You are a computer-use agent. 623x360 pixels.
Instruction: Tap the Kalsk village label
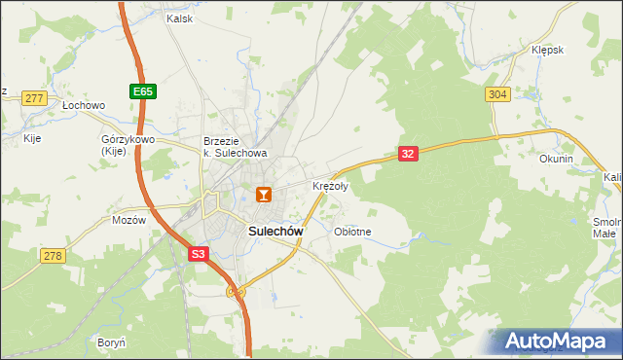tap(180, 18)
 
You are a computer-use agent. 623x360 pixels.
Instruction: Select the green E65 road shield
tap(142, 91)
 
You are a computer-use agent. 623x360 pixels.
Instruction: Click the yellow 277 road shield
tap(34, 98)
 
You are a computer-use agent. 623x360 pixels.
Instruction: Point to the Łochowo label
tap(83, 104)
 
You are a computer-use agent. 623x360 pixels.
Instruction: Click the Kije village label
tap(32, 139)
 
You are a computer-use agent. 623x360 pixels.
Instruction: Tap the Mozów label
tap(128, 220)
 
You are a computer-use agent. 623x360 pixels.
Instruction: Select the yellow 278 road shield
tap(53, 255)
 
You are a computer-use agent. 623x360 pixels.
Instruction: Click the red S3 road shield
tap(199, 254)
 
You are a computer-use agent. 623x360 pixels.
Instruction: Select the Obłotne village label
tap(352, 232)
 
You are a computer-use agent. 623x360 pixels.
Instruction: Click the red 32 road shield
tap(408, 153)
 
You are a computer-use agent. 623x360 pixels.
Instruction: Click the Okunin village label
tap(556, 159)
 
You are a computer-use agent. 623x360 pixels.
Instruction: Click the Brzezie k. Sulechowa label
tap(235, 146)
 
